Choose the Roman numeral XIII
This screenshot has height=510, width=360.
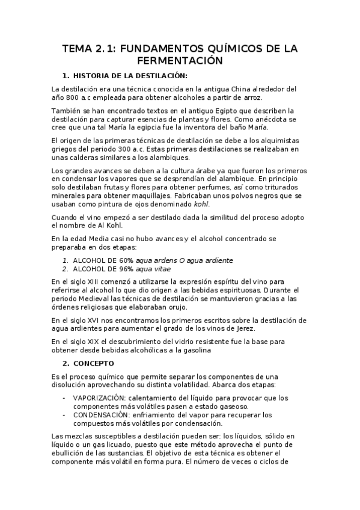pyautogui.click(x=90, y=281)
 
